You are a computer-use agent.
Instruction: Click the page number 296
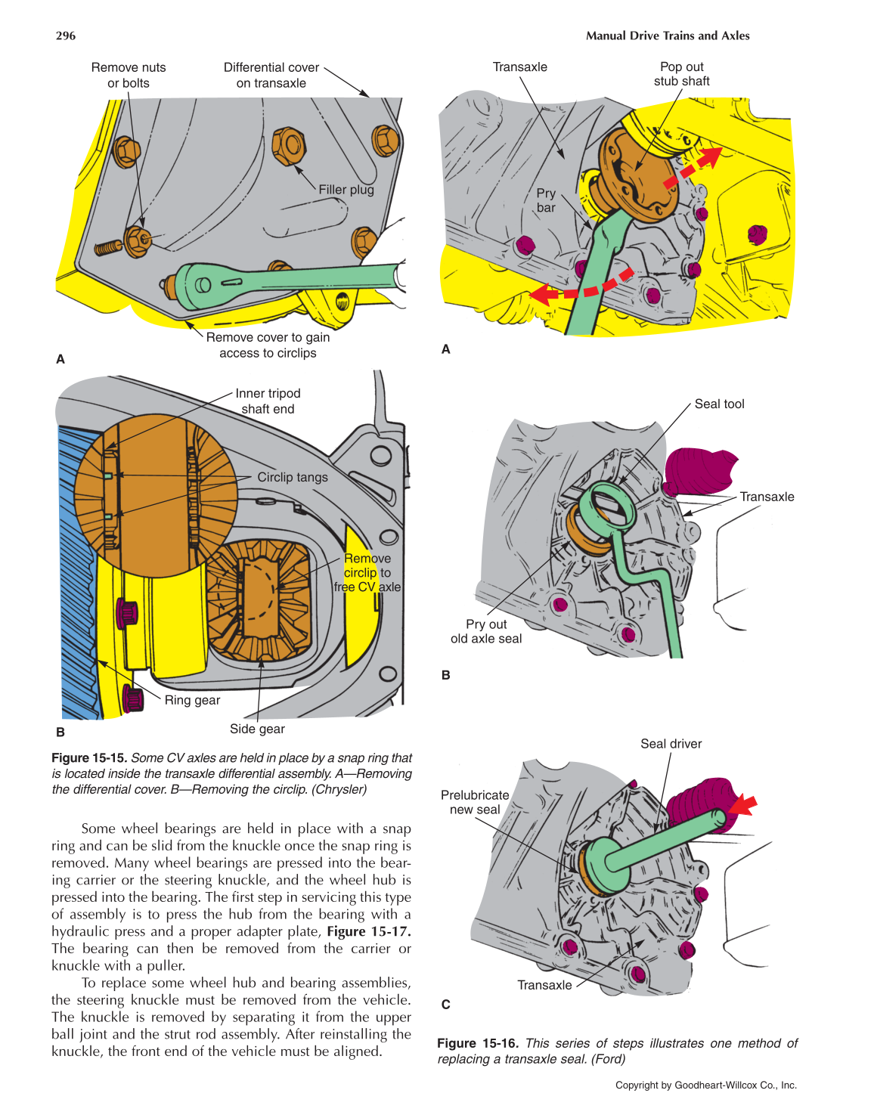pyautogui.click(x=66, y=36)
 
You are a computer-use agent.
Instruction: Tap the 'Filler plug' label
pyautogui.click(x=346, y=190)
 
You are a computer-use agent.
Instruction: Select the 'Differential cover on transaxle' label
pyautogui.click(x=271, y=75)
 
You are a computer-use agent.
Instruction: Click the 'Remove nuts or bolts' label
pyautogui.click(x=129, y=75)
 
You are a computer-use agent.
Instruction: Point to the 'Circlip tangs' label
pyautogui.click(x=293, y=477)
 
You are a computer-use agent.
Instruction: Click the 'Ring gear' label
pyautogui.click(x=192, y=700)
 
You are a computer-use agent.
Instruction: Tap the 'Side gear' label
pyautogui.click(x=257, y=729)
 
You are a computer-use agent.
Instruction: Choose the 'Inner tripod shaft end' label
pyautogui.click(x=268, y=401)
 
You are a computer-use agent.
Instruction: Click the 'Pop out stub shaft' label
pyautogui.click(x=682, y=74)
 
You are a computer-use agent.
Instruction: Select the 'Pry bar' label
pyautogui.click(x=546, y=200)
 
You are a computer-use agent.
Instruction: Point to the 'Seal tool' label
pyautogui.click(x=719, y=404)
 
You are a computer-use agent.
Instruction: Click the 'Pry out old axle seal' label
pyautogui.click(x=486, y=631)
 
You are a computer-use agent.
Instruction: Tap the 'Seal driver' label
pyautogui.click(x=671, y=744)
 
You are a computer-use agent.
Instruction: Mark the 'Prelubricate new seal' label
pyautogui.click(x=475, y=802)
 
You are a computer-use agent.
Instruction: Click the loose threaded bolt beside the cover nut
pyautogui.click(x=108, y=247)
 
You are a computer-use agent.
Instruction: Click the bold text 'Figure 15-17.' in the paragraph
pyautogui.click(x=369, y=931)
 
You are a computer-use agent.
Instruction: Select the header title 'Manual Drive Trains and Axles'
pyautogui.click(x=668, y=36)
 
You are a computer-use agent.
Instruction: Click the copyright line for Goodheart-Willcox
pyautogui.click(x=705, y=1085)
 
